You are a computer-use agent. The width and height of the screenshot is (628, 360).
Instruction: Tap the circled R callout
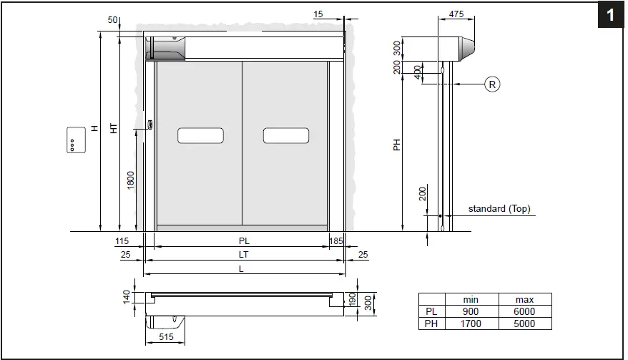[492, 84]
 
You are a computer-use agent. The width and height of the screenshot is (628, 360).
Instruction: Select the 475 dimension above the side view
[456, 14]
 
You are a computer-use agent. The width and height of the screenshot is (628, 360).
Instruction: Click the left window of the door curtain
[200, 135]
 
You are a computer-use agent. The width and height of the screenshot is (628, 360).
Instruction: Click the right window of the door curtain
[285, 135]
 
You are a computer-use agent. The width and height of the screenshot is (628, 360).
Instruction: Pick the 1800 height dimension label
[130, 180]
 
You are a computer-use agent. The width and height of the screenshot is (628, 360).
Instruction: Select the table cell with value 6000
[524, 312]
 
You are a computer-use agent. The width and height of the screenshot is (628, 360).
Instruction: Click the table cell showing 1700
[470, 323]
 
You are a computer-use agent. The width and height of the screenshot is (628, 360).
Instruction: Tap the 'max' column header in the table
[524, 299]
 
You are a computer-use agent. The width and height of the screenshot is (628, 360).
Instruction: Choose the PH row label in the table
[431, 323]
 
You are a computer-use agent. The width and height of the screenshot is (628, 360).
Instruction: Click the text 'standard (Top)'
[499, 209]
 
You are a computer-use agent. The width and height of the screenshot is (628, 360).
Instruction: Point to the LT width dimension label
[243, 254]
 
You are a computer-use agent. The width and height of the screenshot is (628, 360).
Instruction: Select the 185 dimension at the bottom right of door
[336, 241]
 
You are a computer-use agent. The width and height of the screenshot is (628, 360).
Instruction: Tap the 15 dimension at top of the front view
[318, 14]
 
